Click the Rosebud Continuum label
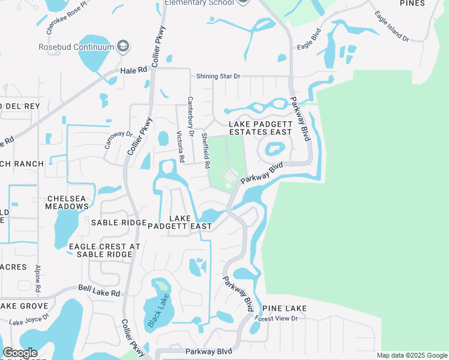tap(76, 47)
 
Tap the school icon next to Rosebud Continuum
tap(124, 46)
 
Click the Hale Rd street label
tap(133, 70)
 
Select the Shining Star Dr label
tap(218, 76)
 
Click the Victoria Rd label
tap(179, 145)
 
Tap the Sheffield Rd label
tap(205, 150)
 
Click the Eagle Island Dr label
tap(391, 26)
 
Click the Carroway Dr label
tap(118, 139)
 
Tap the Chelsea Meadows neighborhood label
tap(67, 202)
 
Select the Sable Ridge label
tap(119, 223)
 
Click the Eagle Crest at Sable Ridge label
tap(104, 250)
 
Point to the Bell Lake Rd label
tap(99, 291)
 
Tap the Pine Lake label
tap(285, 308)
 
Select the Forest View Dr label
tap(276, 318)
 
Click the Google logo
tap(20, 352)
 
